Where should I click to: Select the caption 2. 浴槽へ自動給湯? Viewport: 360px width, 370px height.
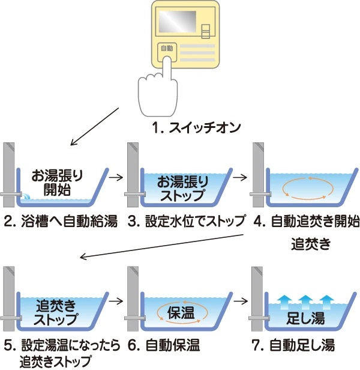pyautogui.click(x=61, y=220)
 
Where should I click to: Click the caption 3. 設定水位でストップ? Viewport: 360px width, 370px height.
pyautogui.click(x=186, y=220)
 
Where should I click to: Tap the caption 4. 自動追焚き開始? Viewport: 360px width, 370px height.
pyautogui.click(x=306, y=220)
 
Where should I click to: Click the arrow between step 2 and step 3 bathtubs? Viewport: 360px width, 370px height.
pyautogui.click(x=117, y=177)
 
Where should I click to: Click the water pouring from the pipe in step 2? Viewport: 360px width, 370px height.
pyautogui.click(x=26, y=195)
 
